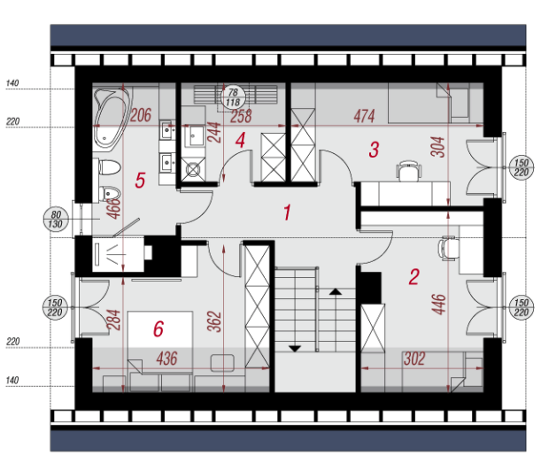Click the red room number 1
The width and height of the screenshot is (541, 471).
[x=287, y=212]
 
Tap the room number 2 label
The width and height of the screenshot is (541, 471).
[x=414, y=277]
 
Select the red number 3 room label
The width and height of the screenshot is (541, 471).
[x=374, y=150]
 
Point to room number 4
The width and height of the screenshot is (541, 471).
[x=240, y=141]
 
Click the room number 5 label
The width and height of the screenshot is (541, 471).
[x=140, y=180]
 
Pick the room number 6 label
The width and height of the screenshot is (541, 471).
[x=158, y=328]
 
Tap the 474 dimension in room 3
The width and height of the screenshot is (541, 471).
[x=364, y=116]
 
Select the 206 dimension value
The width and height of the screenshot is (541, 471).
[x=141, y=115]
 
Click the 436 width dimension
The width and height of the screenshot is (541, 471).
[x=167, y=359]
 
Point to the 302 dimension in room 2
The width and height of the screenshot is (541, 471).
[x=414, y=359]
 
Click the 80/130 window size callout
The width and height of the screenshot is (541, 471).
[x=56, y=219]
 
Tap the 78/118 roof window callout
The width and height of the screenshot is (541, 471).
[x=233, y=97]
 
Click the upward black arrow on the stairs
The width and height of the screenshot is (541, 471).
[x=336, y=292]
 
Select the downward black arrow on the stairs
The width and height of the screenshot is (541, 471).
[x=294, y=349]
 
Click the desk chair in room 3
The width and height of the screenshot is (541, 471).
[x=409, y=171]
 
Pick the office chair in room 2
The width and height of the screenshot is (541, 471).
[x=448, y=248]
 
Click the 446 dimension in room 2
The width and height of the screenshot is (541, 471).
[x=439, y=305]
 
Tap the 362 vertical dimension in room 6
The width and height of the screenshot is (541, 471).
[x=214, y=321]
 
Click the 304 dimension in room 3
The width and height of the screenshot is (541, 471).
[x=438, y=147]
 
